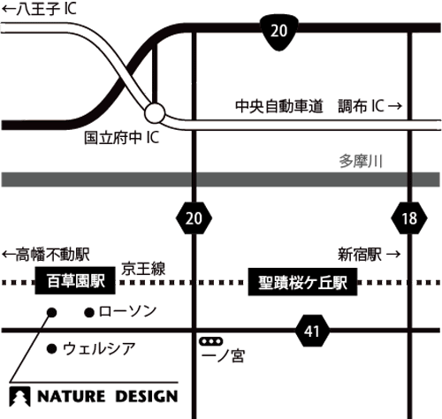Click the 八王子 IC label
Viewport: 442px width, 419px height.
pos(39,8)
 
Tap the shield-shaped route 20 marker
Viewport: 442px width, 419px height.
pos(278,31)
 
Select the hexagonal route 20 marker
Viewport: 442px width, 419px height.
pos(194,218)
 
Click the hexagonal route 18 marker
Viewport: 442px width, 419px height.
pos(409,218)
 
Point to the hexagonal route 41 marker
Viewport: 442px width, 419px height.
pos(312,331)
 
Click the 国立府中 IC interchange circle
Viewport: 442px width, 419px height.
pos(155,113)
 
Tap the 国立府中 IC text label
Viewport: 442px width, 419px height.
pos(122,138)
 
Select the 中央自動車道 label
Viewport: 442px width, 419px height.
pos(279,106)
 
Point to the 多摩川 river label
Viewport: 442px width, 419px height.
pos(361,161)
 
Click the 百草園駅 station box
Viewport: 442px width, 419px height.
pos(75,280)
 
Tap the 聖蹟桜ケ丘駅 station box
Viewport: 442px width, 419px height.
pos(302,282)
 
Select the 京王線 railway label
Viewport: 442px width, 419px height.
pos(143,269)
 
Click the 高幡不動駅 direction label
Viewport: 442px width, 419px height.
pos(46,255)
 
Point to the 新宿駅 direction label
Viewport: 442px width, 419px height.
pos(370,255)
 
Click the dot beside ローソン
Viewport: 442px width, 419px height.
pos(89,313)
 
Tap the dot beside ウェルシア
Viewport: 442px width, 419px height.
pos(51,349)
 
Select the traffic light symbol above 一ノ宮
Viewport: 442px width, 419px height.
pos(211,341)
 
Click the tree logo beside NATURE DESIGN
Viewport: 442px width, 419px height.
pos(19,397)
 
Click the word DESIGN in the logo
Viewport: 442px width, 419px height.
pos(147,397)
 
